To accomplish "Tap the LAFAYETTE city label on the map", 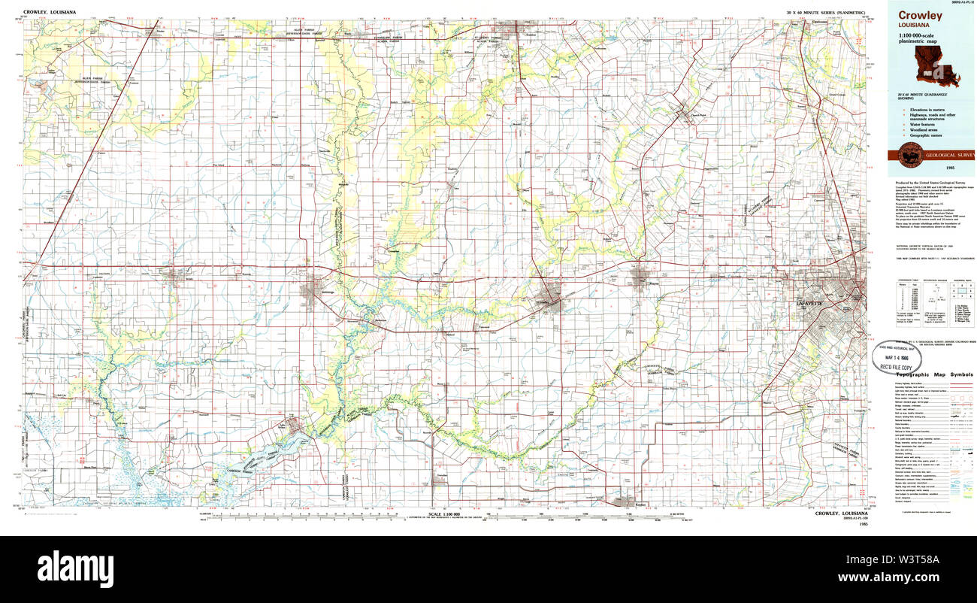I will click(809, 302).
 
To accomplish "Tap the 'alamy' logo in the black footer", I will click(75, 565).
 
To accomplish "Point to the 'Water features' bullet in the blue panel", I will click(922, 123).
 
